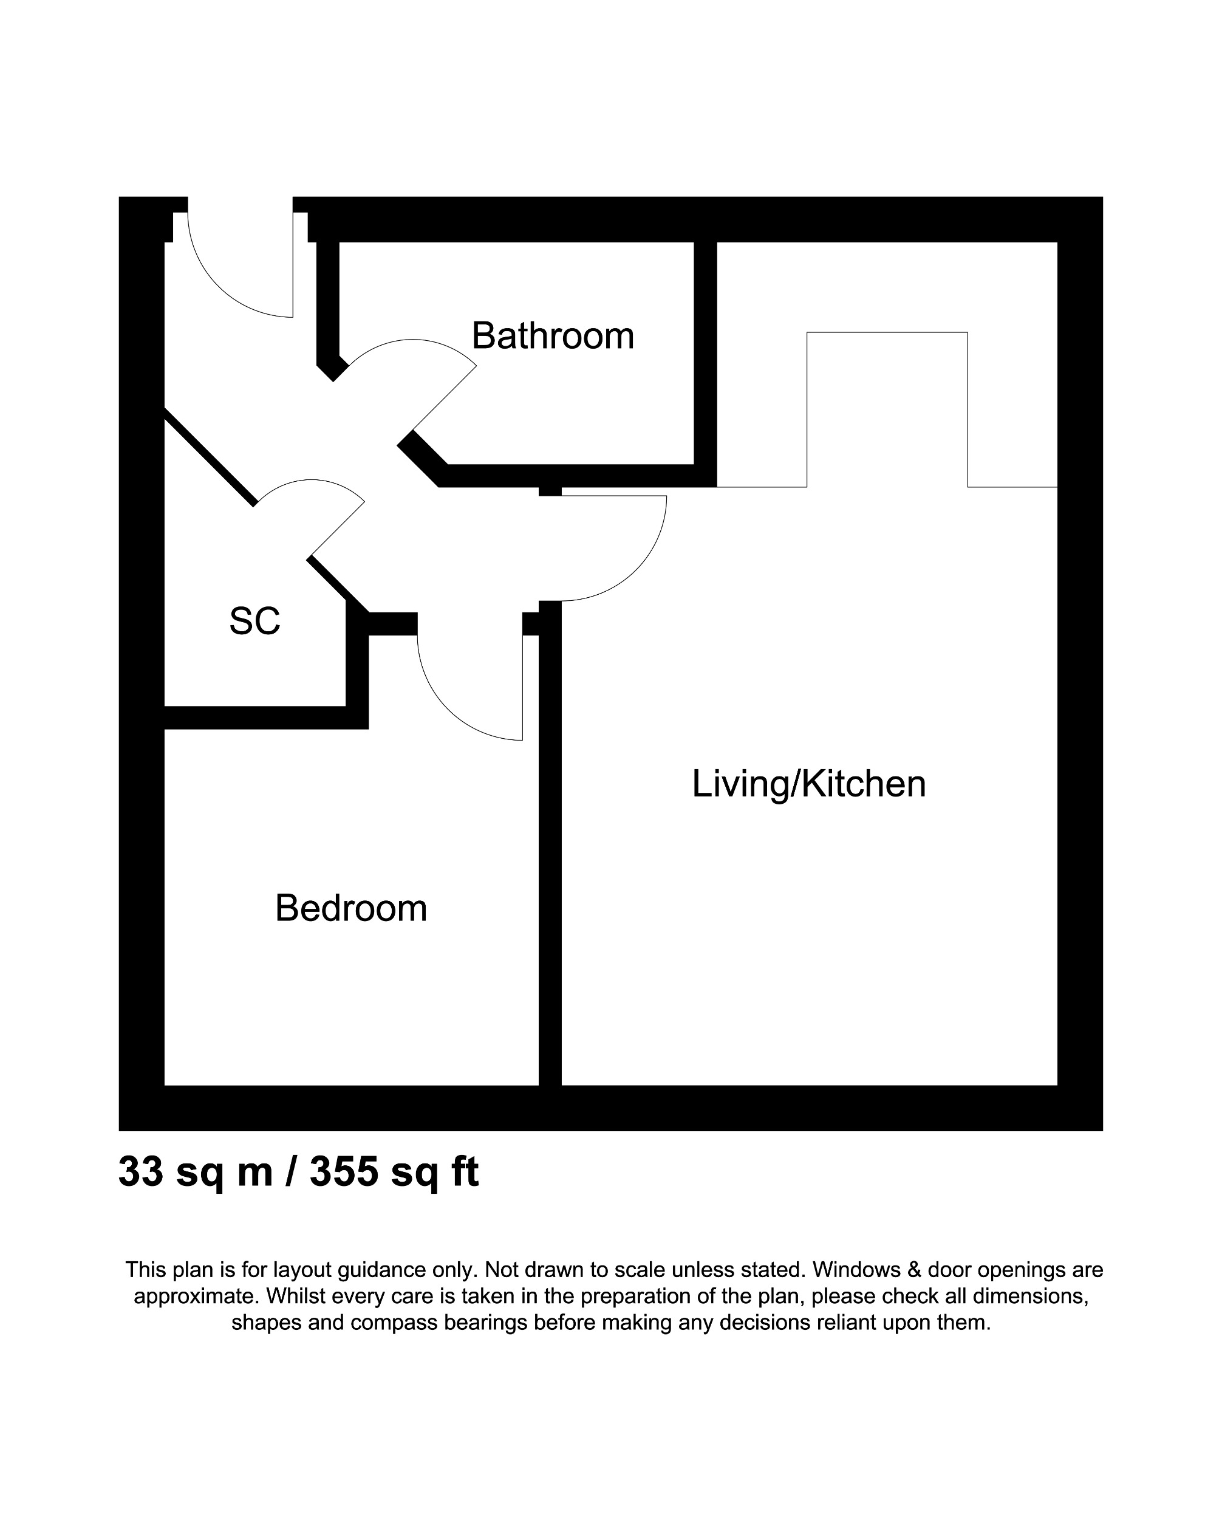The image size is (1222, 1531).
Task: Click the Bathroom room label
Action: [x=553, y=336]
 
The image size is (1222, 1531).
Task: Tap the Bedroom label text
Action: [x=351, y=908]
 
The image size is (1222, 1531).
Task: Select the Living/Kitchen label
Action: [x=809, y=784]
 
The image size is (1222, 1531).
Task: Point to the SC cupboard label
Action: [x=254, y=622]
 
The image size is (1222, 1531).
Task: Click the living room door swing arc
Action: [x=639, y=568]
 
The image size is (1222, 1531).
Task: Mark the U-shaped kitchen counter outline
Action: [x=887, y=332]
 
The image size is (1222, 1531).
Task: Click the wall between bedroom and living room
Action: [x=550, y=852]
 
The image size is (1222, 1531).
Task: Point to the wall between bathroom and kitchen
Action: [x=705, y=355]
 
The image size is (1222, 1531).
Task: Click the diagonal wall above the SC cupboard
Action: [x=210, y=458]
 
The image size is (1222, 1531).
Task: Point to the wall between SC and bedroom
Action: [x=263, y=718]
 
